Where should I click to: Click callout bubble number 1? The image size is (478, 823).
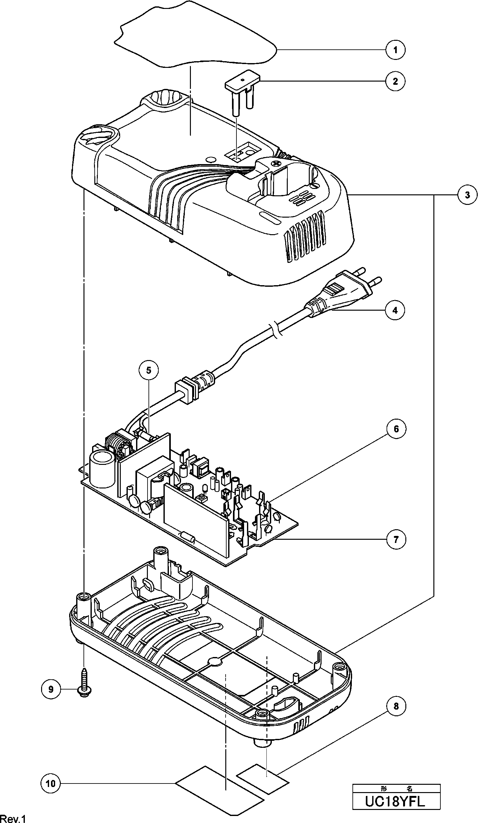coord(395,50)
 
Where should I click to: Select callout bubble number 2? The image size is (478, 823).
coord(395,81)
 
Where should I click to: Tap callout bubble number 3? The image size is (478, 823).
coord(467,195)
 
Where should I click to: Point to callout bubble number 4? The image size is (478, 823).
coord(395,310)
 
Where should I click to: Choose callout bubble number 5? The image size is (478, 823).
coord(149,370)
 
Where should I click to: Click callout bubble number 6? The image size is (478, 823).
coord(396,429)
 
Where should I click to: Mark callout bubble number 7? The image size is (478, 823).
coord(396,539)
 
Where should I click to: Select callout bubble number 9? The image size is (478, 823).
coord(51,689)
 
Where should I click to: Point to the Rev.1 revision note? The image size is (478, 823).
coord(13,818)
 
